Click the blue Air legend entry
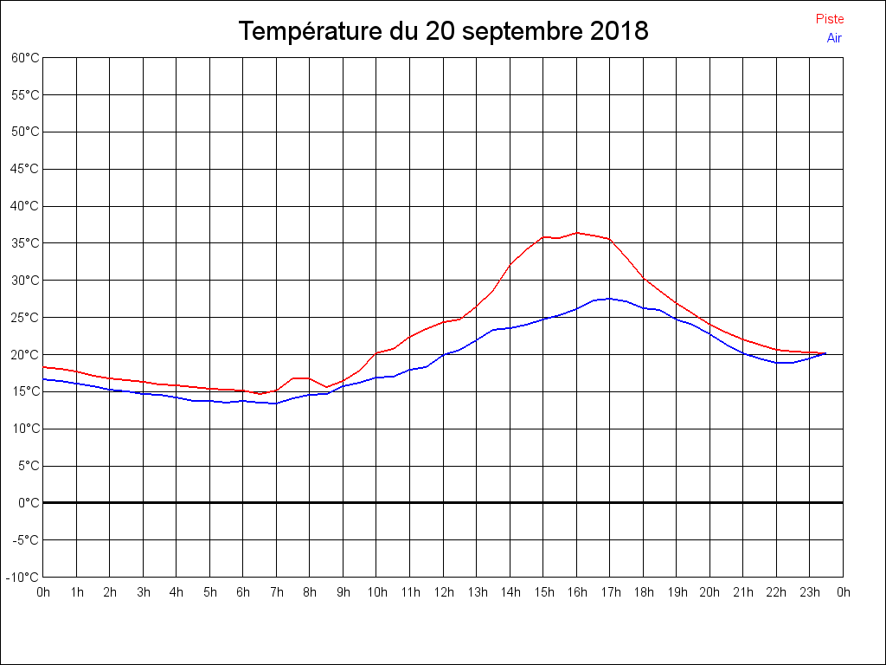pos(834,38)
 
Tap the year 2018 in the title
pos(620,32)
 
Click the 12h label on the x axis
pos(443,593)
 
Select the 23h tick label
pos(810,593)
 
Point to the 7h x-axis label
pos(277,593)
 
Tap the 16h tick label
pos(576,593)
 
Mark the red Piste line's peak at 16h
pos(577,232)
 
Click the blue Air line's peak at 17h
pos(609,298)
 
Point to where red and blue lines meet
pos(825,353)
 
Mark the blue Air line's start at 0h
pos(44,378)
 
